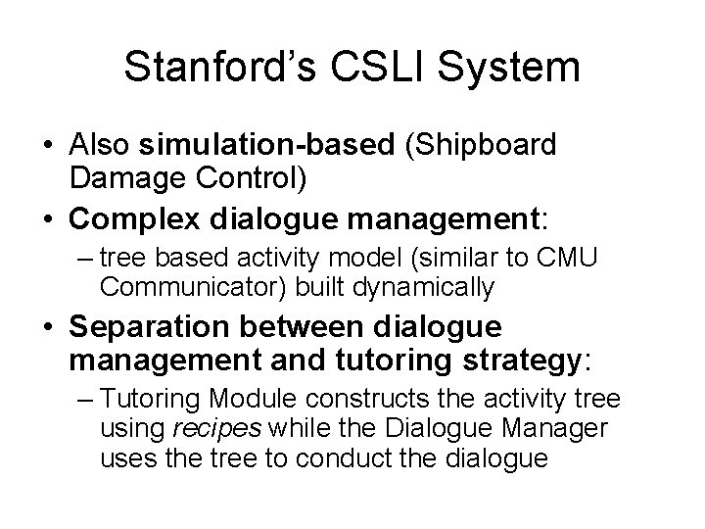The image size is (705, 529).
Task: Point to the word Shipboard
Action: [486, 145]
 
